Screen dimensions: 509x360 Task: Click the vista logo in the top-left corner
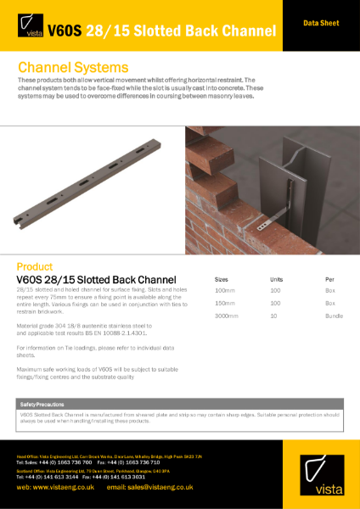(29, 31)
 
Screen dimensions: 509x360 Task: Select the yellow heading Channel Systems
(73, 66)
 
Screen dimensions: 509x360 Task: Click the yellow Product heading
(35, 265)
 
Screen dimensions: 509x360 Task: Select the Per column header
(329, 278)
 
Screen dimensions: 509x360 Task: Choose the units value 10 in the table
(273, 316)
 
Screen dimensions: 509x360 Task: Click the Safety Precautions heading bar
(180, 406)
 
